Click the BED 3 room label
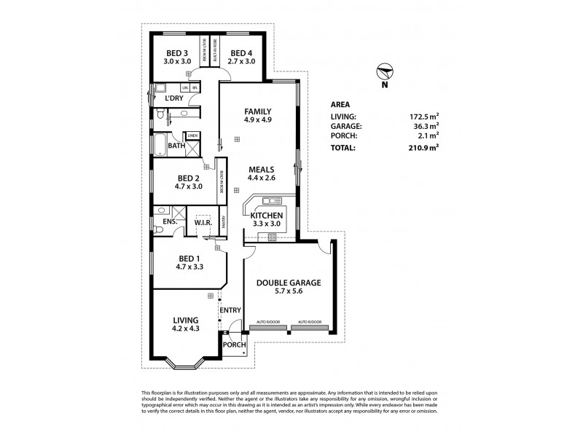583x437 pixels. pyautogui.click(x=176, y=53)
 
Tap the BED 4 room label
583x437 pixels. pyautogui.click(x=241, y=53)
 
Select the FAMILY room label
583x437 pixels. pyautogui.click(x=258, y=111)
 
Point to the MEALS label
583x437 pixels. pyautogui.click(x=259, y=168)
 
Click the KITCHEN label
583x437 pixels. pyautogui.click(x=266, y=216)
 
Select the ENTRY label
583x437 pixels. pyautogui.click(x=230, y=310)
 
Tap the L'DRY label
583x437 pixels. pyautogui.click(x=173, y=98)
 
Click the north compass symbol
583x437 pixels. pyautogui.click(x=386, y=73)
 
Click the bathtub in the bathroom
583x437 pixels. pyautogui.click(x=160, y=144)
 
